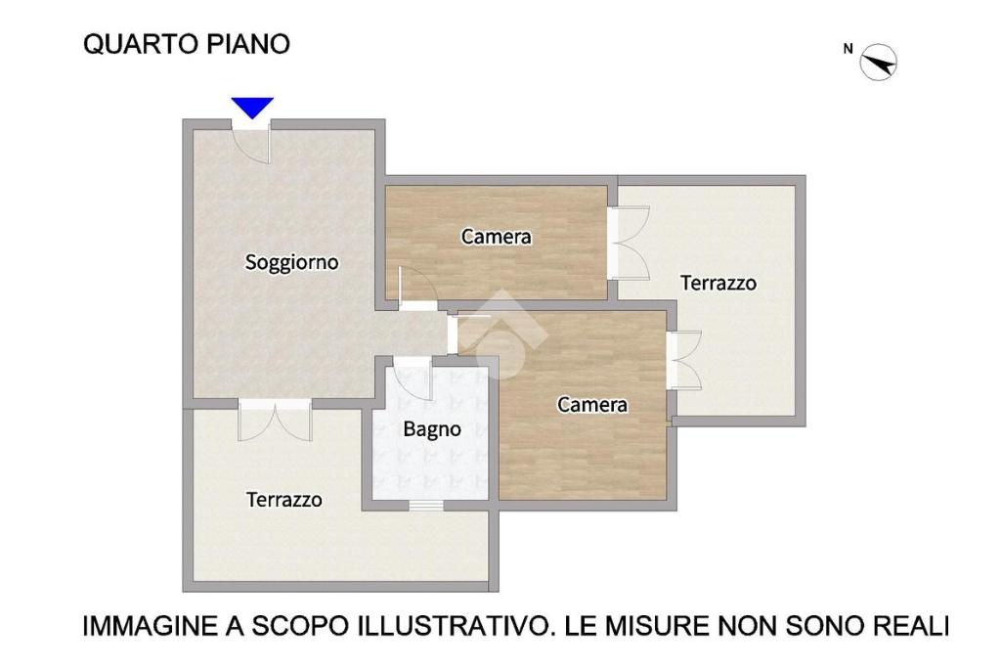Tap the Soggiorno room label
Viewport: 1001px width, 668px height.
tap(291, 262)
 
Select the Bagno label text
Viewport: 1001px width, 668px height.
tap(432, 429)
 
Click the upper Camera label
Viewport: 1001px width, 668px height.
tap(496, 237)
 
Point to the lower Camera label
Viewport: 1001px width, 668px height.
tap(592, 404)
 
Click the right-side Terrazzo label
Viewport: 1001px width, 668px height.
tap(718, 283)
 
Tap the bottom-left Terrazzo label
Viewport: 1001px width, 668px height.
tap(284, 500)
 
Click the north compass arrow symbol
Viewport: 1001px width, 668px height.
tap(879, 63)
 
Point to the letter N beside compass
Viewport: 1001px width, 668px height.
tap(848, 49)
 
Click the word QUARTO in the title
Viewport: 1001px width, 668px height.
tap(140, 44)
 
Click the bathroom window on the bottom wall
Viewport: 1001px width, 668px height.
tap(426, 506)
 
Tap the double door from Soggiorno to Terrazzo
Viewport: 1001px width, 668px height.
tap(275, 421)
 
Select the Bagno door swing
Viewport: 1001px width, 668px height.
tap(413, 380)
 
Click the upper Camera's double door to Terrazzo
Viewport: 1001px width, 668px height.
tap(629, 243)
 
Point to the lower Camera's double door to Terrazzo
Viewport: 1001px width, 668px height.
tap(684, 360)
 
